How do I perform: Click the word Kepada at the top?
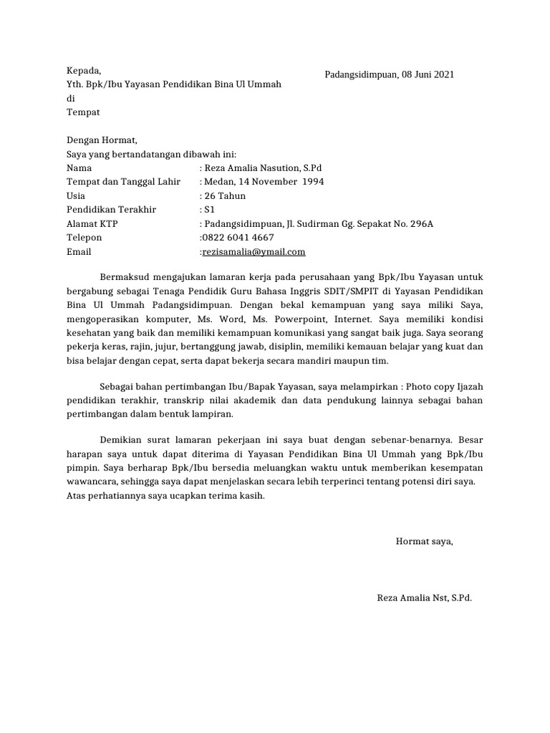(84, 71)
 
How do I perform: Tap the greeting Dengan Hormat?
(101, 140)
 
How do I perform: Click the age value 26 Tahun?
(225, 196)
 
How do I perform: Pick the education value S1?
(210, 210)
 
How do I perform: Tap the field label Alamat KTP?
(92, 224)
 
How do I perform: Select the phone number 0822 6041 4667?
(237, 238)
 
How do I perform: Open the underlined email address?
(254, 252)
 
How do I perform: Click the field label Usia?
(76, 196)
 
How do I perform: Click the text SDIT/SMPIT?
(366, 291)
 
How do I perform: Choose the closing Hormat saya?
(425, 542)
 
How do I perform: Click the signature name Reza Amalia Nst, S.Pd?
(424, 598)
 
